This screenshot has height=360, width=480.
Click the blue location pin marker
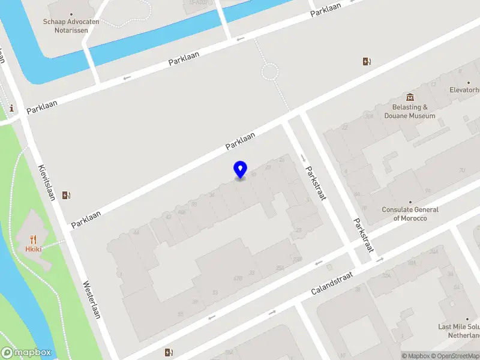[x=240, y=169]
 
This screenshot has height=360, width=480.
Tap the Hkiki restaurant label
[x=32, y=248]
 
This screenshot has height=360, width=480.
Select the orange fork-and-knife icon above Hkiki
[x=32, y=238]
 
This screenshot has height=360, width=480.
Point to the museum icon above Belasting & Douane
[x=410, y=97]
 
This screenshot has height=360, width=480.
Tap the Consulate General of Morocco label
[x=410, y=214]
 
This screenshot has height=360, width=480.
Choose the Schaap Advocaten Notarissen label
[x=71, y=26]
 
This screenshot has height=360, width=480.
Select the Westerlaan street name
[x=91, y=300]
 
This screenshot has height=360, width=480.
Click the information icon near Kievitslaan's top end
[x=12, y=109]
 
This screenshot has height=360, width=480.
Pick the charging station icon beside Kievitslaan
[x=67, y=194]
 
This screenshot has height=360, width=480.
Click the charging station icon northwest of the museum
[x=367, y=61]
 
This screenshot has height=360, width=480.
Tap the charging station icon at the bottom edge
[x=170, y=352]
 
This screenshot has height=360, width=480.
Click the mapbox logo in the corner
[x=27, y=352]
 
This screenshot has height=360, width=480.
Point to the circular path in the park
[x=269, y=73]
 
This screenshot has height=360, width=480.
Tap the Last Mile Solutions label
[x=459, y=331]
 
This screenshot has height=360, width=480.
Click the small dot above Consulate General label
[x=410, y=202]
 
